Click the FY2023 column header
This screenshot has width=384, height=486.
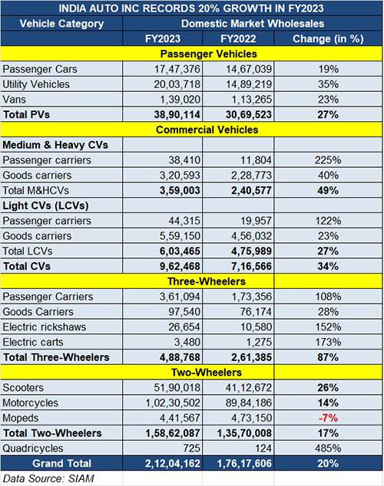pos(163,39)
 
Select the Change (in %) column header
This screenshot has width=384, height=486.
pos(328,39)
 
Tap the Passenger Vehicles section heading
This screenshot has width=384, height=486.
pos(209,54)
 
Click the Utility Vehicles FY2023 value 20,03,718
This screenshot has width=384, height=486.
pos(177,84)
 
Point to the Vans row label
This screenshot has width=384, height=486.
pos(14,100)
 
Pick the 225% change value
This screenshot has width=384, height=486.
pos(328,160)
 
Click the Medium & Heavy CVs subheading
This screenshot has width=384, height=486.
pos(55,145)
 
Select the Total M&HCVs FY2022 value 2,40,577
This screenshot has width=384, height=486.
pos(251,190)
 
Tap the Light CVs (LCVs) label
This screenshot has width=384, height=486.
pos(45,205)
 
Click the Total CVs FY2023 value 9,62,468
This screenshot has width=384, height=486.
pos(180,266)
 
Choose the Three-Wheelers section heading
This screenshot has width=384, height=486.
pos(207,281)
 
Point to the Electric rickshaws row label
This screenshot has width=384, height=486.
pos(45,327)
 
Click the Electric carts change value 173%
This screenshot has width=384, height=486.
pos(328,342)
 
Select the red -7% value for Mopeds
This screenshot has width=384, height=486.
pos(328,418)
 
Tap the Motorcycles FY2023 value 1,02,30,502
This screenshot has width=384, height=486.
pos(174,403)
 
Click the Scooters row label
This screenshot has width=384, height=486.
pos(23,388)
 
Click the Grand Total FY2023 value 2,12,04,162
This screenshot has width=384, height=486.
pos(173,463)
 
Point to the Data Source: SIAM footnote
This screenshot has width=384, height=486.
pos(48,478)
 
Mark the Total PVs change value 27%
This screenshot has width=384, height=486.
pos(328,115)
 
